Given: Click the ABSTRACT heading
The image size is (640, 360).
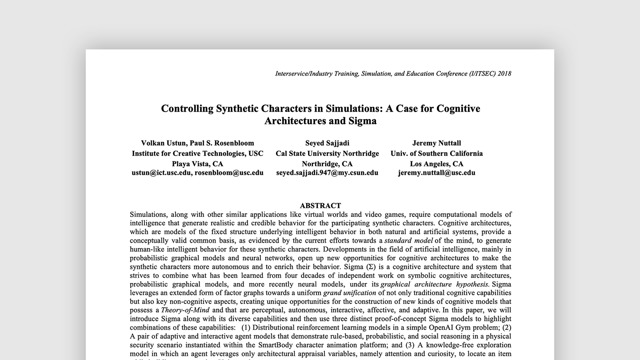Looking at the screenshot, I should pos(320,206).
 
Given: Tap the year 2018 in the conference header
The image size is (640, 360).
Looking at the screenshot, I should pos(504,73).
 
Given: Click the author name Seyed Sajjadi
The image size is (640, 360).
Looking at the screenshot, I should pos(327,143).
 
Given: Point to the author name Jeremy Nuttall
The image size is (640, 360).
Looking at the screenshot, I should pos(436,143).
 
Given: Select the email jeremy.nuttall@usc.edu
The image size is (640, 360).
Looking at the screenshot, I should pos(436,172).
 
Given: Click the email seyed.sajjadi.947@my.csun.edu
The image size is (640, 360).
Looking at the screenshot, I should pos(327,172).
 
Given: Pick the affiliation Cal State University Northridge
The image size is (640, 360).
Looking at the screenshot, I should pos(327,153).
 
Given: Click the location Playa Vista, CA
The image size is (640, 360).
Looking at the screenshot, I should pos(197,164).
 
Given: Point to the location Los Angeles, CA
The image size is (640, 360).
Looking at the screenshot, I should pos(436,164).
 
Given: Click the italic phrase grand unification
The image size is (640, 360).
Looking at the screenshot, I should pos(350,292).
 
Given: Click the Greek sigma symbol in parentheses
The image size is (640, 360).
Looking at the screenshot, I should pos(371,267).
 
